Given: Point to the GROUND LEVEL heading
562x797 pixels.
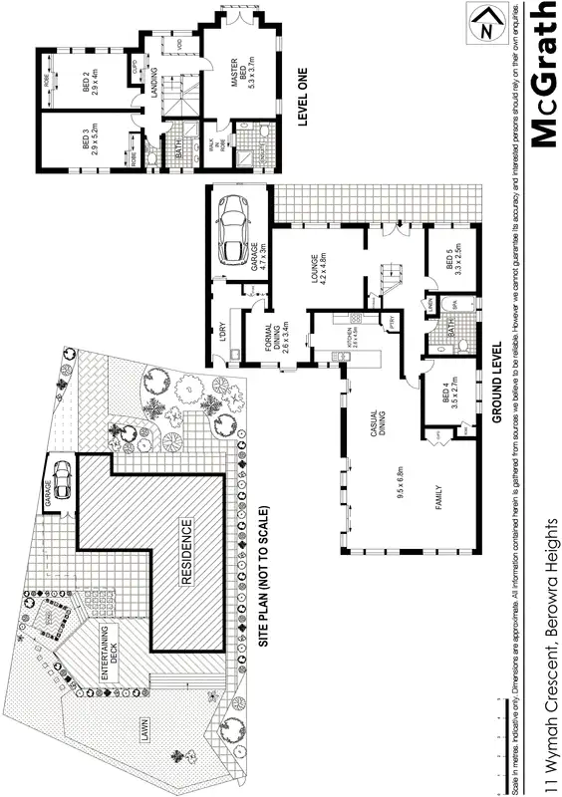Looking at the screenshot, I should tap(495, 384).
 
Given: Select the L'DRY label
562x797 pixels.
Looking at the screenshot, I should tap(224, 331).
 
